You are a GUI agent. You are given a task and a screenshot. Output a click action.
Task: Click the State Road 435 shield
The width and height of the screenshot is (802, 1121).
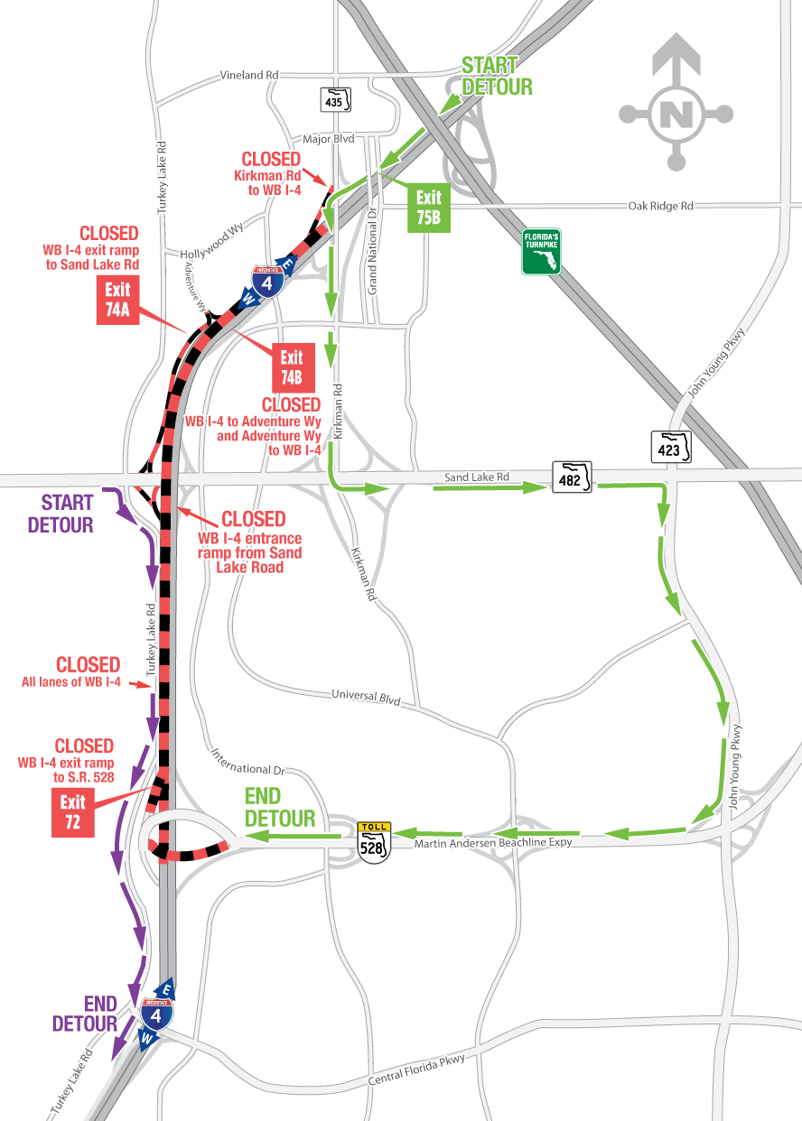click(x=335, y=99)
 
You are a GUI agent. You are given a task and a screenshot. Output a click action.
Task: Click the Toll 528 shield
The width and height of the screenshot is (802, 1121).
click(x=374, y=842)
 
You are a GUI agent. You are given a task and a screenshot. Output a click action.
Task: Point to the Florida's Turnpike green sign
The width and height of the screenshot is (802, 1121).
click(x=541, y=252)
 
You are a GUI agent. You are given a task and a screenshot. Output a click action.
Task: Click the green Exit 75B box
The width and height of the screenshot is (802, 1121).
click(x=429, y=208)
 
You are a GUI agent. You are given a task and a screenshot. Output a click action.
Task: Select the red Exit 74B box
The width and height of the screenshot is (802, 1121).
click(x=293, y=366)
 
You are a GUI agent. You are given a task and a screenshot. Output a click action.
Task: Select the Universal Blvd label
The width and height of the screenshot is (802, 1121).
click(x=365, y=697)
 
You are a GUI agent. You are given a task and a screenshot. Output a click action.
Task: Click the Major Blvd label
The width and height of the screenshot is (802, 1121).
click(x=331, y=139)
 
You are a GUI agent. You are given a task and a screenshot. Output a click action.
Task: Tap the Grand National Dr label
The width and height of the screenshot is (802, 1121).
click(x=371, y=244)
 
